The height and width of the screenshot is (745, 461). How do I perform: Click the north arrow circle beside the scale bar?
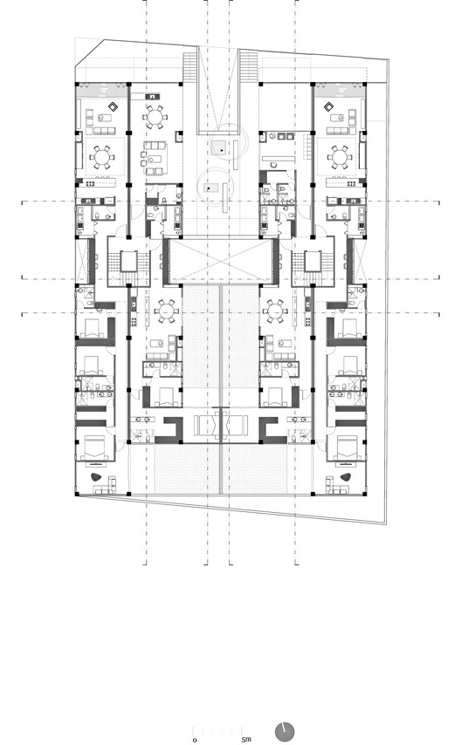coord(286,731)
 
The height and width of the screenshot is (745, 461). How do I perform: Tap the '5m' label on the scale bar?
coord(247,739)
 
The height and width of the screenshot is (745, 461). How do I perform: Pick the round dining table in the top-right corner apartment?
coord(339,157)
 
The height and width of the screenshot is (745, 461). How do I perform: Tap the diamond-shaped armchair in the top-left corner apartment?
coord(112,108)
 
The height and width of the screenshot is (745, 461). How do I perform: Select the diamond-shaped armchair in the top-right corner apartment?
coord(329,108)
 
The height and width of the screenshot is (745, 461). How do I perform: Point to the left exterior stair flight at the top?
coord(189,65)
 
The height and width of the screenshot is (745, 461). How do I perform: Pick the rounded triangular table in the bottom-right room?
coord(346,478)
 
